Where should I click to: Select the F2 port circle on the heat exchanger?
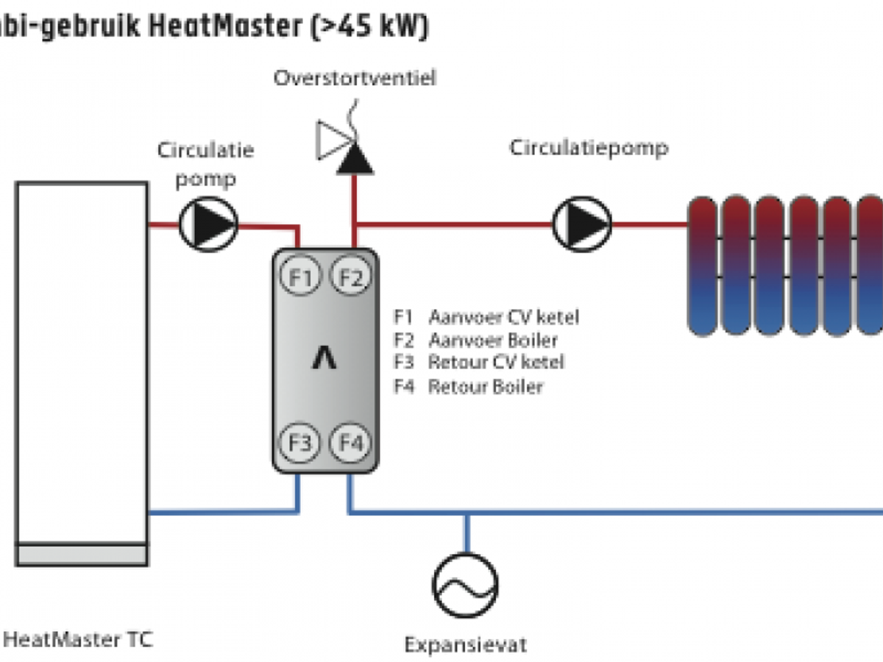[x=351, y=277]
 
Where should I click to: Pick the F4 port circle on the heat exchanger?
[x=351, y=444]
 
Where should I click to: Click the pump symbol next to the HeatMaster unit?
[x=208, y=224]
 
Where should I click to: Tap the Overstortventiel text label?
[x=355, y=78]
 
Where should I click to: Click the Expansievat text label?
[x=466, y=645]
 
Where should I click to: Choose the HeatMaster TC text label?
[x=77, y=638]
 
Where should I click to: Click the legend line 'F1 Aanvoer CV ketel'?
[x=486, y=317]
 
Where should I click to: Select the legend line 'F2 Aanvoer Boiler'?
[x=475, y=341]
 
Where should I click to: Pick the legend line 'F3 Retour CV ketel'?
[x=479, y=363]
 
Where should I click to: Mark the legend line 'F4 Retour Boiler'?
[x=468, y=385]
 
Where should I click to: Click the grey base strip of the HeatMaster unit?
[x=82, y=554]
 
